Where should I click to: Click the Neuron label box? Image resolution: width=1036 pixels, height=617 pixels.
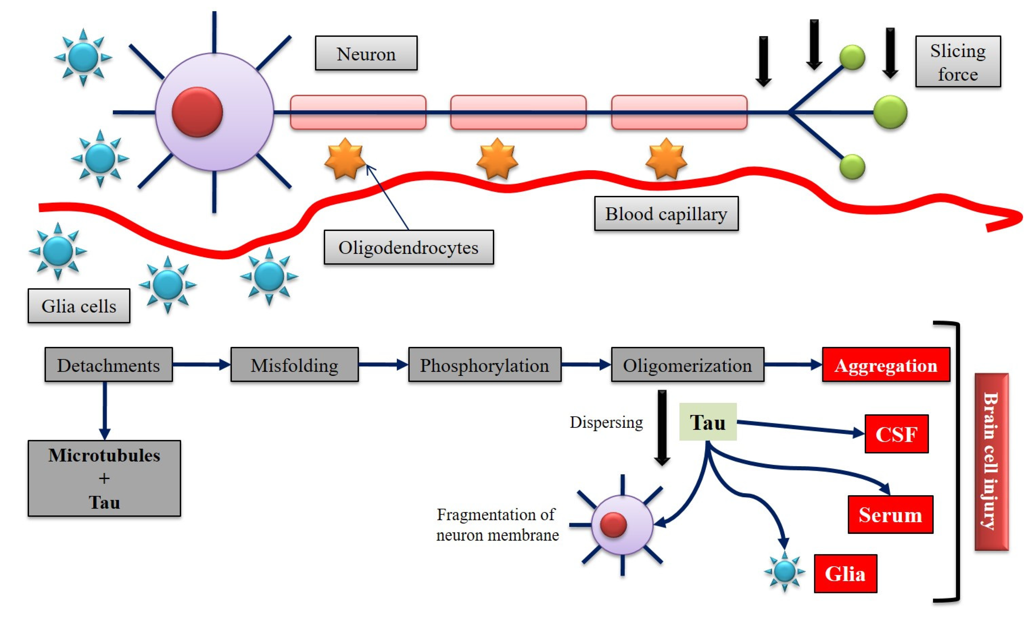[x=366, y=53]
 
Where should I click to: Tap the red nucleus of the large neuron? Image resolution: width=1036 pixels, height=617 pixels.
[x=197, y=112]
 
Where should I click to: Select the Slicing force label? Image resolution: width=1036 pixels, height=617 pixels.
[x=957, y=62]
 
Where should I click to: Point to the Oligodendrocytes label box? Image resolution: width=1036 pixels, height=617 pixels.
[x=409, y=247]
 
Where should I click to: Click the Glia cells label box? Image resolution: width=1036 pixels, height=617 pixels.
[x=79, y=306]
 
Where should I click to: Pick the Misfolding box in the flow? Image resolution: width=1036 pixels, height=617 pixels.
[x=294, y=365]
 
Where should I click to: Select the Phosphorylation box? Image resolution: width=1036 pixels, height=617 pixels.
[x=484, y=365]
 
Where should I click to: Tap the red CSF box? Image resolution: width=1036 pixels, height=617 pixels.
[x=896, y=434]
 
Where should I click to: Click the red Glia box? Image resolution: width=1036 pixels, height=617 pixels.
[x=845, y=573]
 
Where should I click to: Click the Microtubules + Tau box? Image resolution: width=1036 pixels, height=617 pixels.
[x=104, y=478]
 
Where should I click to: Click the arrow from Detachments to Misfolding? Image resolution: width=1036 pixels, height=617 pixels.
[x=202, y=365]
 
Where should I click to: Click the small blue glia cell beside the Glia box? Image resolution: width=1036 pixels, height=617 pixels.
[x=785, y=571]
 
